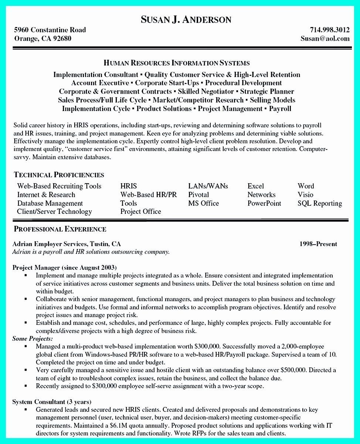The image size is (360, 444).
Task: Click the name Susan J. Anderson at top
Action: click(x=186, y=20)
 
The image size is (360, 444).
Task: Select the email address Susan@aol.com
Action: click(x=325, y=38)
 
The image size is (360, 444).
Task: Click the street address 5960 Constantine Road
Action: click(x=50, y=30)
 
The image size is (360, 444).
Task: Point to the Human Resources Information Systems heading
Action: click(x=176, y=63)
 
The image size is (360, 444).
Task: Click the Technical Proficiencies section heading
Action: click(x=59, y=175)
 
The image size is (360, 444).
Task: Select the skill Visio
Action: click(x=305, y=195)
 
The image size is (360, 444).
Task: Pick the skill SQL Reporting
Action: click(x=320, y=203)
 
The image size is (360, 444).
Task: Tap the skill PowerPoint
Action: click(x=264, y=203)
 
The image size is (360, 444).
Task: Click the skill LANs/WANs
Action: click(x=208, y=186)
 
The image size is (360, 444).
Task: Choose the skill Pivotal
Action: click(x=198, y=195)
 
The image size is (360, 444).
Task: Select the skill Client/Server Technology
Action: click(x=54, y=212)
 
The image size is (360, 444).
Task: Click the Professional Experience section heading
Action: click(x=60, y=229)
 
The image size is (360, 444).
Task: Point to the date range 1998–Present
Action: click(x=318, y=244)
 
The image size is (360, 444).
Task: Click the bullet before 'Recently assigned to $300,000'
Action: click(x=26, y=386)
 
